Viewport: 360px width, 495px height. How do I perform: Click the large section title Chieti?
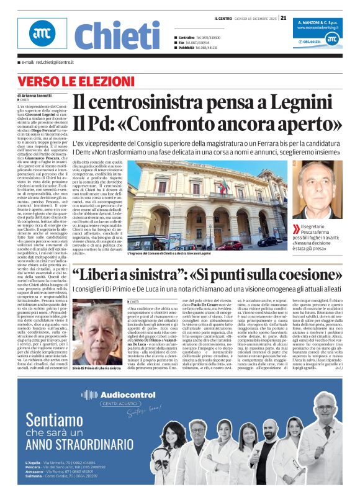pyautogui.click(x=117, y=36)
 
